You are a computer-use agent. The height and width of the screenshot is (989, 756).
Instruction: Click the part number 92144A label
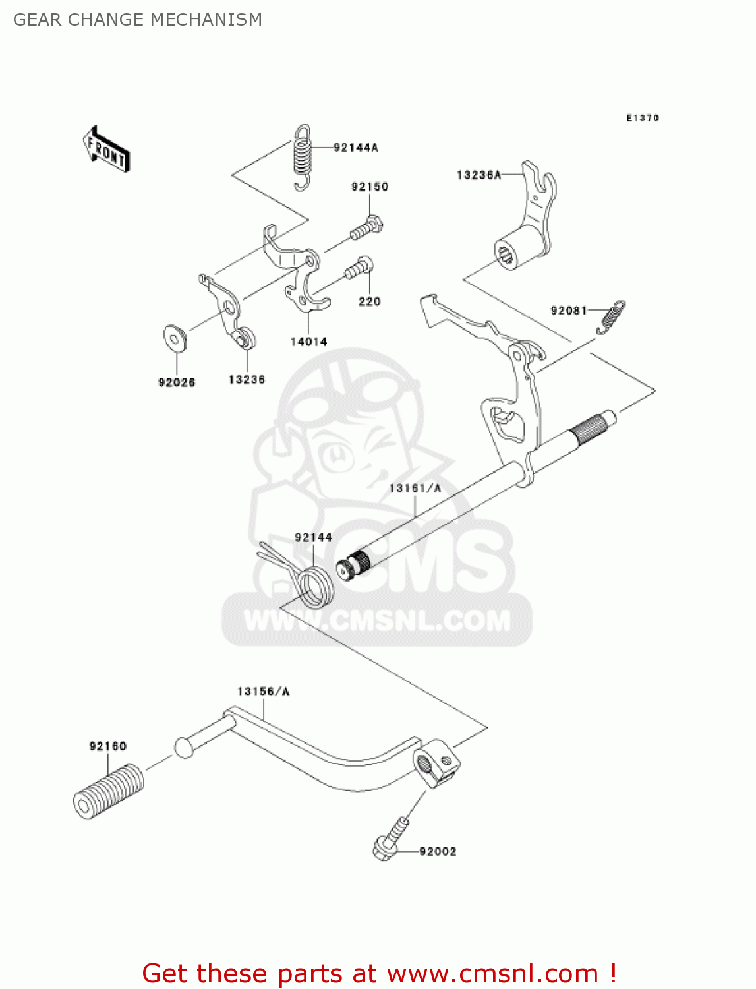click(x=355, y=147)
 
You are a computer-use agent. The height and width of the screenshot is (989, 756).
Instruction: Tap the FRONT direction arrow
click(x=106, y=148)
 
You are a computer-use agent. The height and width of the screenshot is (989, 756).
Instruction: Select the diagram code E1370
click(x=643, y=118)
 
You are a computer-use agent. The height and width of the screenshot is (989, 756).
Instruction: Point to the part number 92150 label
click(x=370, y=187)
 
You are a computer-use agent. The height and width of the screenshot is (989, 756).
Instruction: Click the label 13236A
click(x=479, y=175)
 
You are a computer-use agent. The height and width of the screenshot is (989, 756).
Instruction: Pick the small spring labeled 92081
click(x=611, y=316)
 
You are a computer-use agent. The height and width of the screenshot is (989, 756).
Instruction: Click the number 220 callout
click(x=369, y=301)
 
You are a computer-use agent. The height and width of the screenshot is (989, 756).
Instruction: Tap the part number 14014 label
click(x=309, y=342)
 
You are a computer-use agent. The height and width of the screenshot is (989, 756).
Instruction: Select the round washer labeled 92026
click(x=175, y=338)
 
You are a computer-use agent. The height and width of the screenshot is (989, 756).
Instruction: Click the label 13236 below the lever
click(x=247, y=379)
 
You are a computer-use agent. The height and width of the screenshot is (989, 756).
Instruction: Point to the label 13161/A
click(x=415, y=488)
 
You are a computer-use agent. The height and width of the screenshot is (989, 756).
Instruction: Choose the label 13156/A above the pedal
click(x=264, y=691)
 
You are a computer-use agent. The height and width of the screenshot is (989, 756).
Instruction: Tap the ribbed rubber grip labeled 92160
click(x=109, y=791)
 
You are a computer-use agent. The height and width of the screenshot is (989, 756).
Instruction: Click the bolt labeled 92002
click(x=391, y=839)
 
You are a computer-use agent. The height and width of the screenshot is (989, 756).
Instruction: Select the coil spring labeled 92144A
click(x=302, y=157)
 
